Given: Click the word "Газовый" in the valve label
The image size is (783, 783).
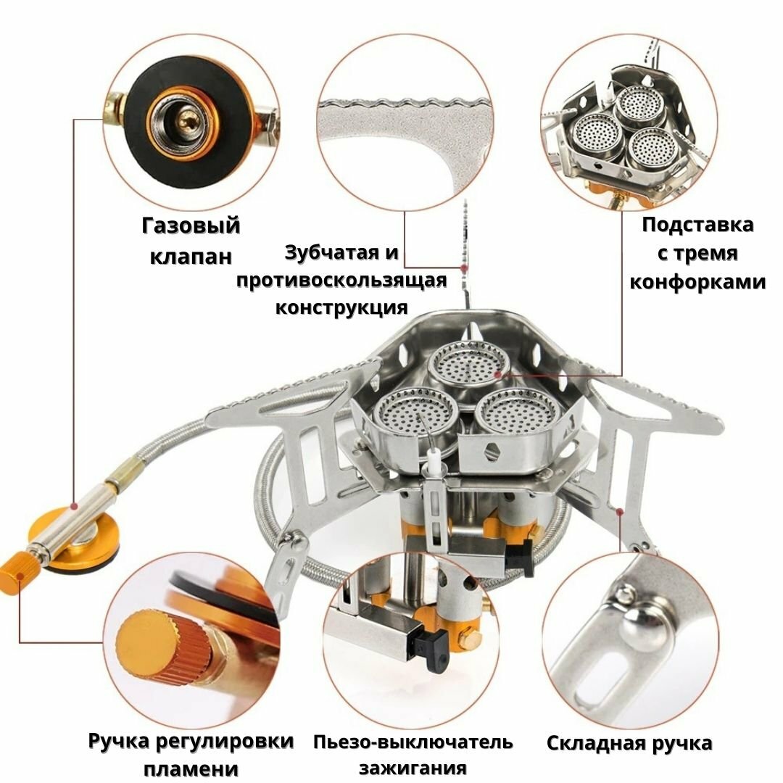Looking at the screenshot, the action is (x=191, y=226).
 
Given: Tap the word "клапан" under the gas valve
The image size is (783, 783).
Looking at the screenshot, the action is (x=191, y=257).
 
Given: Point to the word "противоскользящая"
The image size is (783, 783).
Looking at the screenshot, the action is (x=341, y=280).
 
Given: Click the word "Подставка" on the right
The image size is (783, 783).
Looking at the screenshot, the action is (x=697, y=225).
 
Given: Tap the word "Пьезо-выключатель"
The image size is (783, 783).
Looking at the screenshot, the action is (x=413, y=742).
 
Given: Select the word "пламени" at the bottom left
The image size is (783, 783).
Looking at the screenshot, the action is (x=191, y=768).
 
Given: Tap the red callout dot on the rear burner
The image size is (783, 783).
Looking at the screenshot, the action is (x=497, y=374).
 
